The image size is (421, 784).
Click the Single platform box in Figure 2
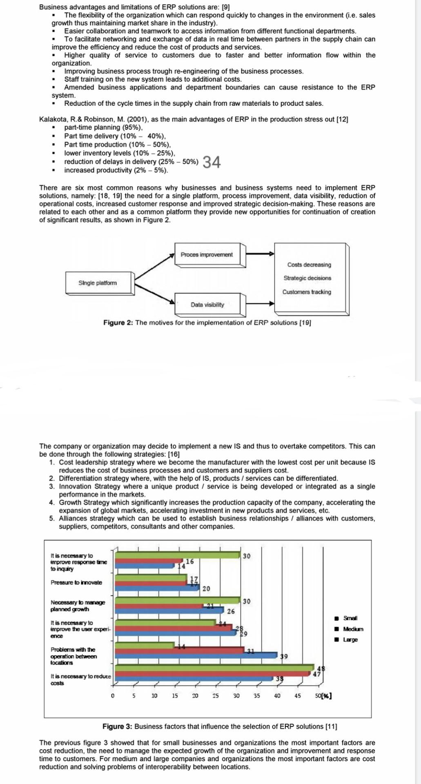[98, 283]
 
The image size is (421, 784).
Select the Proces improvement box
[207, 255]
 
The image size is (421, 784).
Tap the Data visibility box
[207, 305]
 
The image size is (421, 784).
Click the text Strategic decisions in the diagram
[307, 278]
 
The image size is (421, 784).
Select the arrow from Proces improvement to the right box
[260, 254]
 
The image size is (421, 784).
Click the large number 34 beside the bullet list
[212, 162]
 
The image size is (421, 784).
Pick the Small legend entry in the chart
[350, 618]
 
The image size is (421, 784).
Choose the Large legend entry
[350, 639]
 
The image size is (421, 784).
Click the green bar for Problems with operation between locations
[145, 645]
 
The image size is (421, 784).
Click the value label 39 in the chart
[283, 656]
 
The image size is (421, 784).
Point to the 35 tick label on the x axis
[256, 696]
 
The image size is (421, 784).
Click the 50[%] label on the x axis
[323, 696]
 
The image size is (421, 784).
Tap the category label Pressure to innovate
[76, 583]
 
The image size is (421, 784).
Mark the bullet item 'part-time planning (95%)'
[103, 127]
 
